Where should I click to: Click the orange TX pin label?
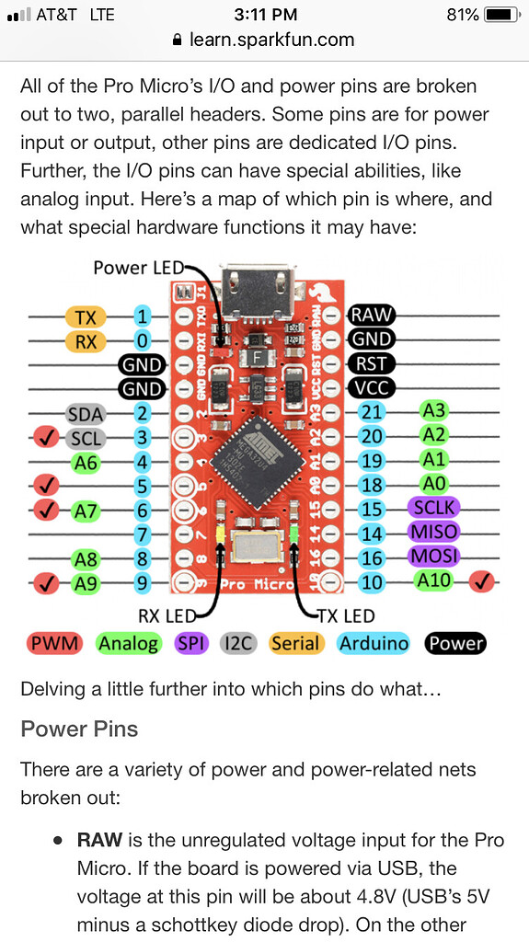point(86,317)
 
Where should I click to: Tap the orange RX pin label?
point(86,341)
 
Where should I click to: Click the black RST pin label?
point(372,364)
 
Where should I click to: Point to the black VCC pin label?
point(372,388)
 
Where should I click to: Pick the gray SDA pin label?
point(86,414)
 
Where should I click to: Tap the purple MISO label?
point(434,533)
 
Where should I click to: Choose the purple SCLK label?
point(434,509)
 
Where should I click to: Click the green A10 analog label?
point(434,580)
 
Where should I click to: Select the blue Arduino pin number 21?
point(372,413)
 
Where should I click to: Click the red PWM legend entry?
point(54,643)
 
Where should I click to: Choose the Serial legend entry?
point(295,643)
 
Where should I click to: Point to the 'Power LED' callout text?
point(138,268)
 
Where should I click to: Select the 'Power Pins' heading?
point(79,729)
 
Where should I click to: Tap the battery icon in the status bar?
point(501,15)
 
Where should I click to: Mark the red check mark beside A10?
point(482,581)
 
